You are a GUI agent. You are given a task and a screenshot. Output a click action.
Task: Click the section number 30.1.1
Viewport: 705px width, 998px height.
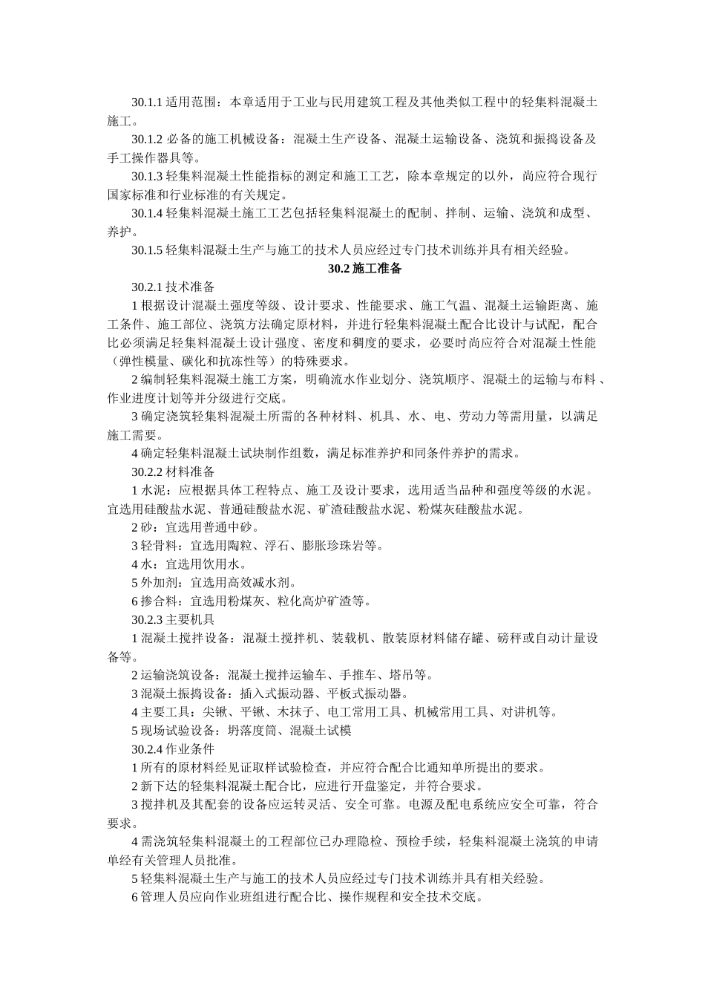point(146,102)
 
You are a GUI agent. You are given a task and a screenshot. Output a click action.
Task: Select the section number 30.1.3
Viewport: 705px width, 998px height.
point(146,176)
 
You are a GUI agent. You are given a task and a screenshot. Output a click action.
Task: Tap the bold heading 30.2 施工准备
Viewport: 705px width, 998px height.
point(365,269)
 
